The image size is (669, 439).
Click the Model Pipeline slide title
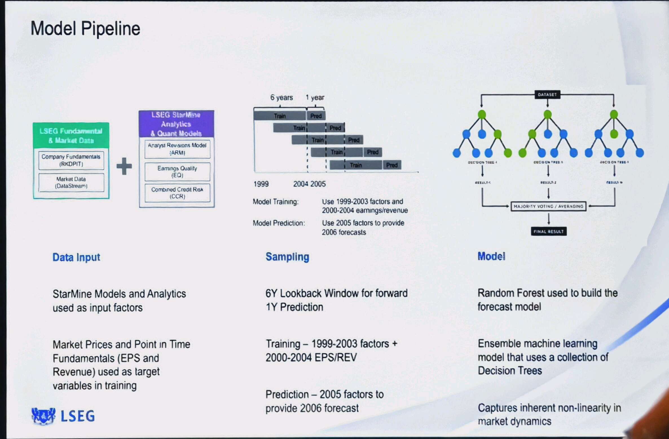(x=85, y=29)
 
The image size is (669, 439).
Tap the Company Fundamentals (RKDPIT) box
(x=71, y=160)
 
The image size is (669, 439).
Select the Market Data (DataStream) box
(x=71, y=183)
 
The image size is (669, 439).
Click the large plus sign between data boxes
(x=124, y=166)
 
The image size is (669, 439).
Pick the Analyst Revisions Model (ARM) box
(x=177, y=149)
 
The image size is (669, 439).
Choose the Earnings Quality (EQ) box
(x=177, y=172)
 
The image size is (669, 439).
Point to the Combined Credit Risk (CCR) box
(x=177, y=193)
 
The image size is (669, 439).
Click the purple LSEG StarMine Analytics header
(x=176, y=124)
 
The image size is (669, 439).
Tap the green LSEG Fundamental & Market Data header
(x=71, y=136)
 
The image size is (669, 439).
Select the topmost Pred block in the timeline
(x=316, y=116)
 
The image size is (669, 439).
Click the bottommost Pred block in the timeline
(x=392, y=165)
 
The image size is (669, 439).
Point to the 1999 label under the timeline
(x=261, y=184)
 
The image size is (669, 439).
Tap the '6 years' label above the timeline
(x=281, y=97)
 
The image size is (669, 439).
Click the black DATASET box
(x=547, y=94)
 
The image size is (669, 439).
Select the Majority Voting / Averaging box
(x=548, y=206)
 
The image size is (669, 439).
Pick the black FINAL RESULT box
(x=549, y=231)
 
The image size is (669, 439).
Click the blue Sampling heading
(x=287, y=257)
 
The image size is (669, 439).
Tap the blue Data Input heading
(x=76, y=257)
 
